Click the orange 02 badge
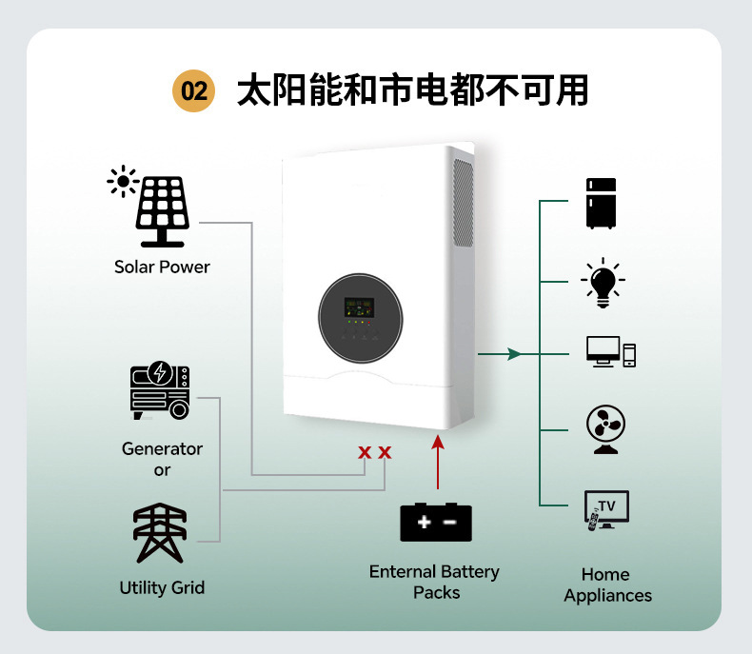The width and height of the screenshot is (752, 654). point(194,90)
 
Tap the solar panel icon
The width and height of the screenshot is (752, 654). point(162,211)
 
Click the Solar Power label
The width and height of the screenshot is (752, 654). point(162,268)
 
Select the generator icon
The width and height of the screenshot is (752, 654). point(160,390)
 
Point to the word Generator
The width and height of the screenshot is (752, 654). point(162,448)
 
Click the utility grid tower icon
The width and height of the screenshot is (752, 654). point(160,533)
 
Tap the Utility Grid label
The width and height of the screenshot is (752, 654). point(162,587)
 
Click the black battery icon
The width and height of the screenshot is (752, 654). point(436,522)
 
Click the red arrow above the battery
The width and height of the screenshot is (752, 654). point(437,462)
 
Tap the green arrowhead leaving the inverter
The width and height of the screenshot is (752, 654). point(514,354)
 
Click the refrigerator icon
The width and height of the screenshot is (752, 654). point(601,204)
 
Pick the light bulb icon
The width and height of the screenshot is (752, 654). point(603,283)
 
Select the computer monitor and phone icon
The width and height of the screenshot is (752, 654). point(611,352)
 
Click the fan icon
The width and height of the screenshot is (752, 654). point(605,429)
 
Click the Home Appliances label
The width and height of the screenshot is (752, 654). point(607,585)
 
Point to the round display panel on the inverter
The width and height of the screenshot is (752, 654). point(361,318)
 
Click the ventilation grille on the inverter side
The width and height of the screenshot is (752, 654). point(464,204)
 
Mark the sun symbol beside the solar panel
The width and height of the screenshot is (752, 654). point(123,181)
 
